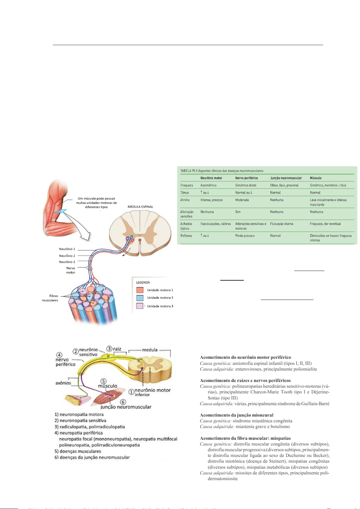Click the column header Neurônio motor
point(211,178)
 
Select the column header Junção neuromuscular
point(286,178)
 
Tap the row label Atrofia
point(185,200)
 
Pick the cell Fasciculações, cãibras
point(215,224)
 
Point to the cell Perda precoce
point(245,236)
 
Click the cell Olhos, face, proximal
point(284,185)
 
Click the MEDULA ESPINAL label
point(140,207)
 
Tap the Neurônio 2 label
point(67,256)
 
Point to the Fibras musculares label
point(50,298)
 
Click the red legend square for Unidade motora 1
point(140,290)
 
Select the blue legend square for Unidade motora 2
point(140,298)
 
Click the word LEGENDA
point(143,282)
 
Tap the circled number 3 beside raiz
point(109,349)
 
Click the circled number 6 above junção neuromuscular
point(123,402)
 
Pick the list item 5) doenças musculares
point(78,451)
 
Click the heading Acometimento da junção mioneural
point(237,415)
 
